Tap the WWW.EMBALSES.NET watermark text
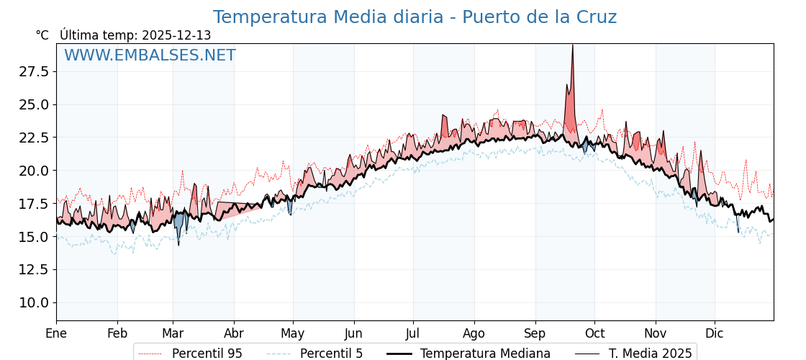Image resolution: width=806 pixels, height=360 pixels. coord(150,55)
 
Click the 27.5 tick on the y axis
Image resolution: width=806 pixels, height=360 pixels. coord(34,71)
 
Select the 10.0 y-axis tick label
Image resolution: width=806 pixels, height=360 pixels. coord(34,302)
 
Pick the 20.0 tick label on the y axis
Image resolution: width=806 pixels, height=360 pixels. coord(34,171)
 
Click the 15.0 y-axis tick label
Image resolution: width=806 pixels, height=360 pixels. coord(34,237)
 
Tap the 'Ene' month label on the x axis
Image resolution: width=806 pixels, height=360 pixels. coord(56,333)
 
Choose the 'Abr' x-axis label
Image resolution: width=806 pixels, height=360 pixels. coord(234,333)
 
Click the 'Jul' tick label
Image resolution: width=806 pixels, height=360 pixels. coord(413,333)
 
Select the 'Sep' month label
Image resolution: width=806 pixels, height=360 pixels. coord(535,333)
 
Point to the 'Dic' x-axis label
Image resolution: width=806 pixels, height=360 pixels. coord(715,333)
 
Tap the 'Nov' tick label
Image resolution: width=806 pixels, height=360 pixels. coord(656,333)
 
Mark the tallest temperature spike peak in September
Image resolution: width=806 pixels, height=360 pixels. coord(572,45)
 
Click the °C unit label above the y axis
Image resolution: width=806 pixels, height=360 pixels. coord(42,35)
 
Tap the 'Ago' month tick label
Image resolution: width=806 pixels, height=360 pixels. coord(474,333)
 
